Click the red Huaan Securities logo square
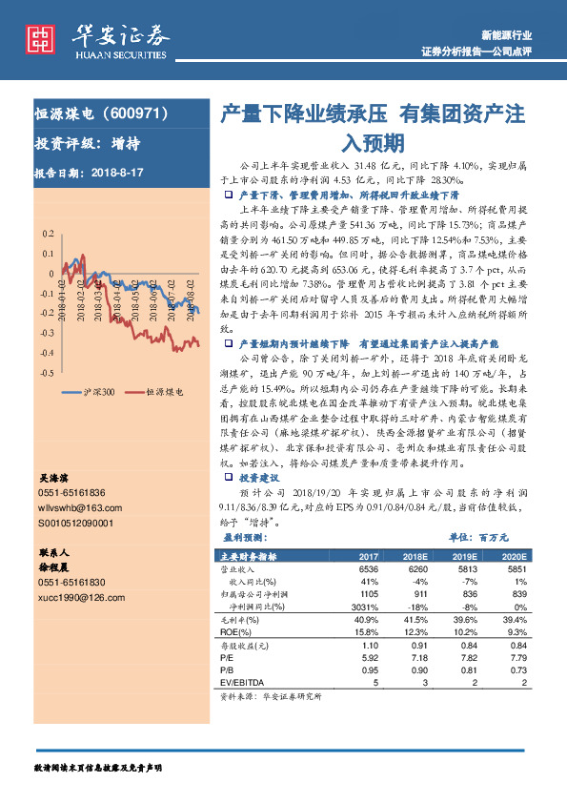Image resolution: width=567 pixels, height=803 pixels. point(40,37)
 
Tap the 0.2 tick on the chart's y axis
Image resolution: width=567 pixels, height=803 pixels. point(47,234)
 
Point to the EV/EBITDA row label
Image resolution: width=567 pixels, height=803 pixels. point(238,683)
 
